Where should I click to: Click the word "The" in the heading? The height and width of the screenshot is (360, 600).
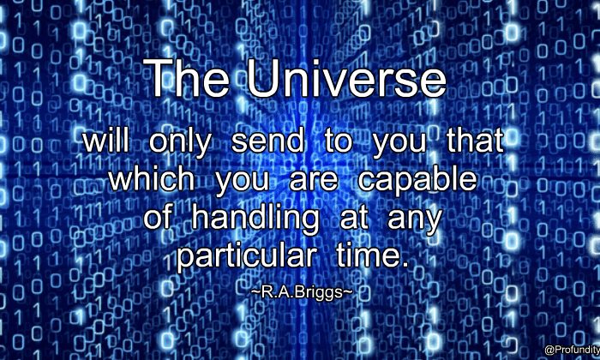[x=189, y=78]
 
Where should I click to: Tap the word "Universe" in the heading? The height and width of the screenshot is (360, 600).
[x=346, y=78]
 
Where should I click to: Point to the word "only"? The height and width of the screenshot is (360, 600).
[x=180, y=143]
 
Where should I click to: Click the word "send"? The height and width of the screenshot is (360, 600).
[x=267, y=141]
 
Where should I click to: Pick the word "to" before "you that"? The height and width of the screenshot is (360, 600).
[x=339, y=141]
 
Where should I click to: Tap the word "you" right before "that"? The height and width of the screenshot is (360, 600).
[x=399, y=146]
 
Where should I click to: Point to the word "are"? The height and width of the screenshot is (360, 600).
[x=314, y=182]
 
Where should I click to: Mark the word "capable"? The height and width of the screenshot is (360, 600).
[x=417, y=181]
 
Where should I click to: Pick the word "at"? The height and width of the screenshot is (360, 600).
[x=353, y=219]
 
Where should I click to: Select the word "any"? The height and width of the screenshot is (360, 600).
[x=414, y=222]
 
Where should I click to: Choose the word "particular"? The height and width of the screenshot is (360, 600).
[x=246, y=256]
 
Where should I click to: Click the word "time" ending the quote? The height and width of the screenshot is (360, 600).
[x=369, y=255]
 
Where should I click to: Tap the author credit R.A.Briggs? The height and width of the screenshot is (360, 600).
[x=302, y=292]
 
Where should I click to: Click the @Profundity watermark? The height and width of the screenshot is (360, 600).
[x=572, y=350]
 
